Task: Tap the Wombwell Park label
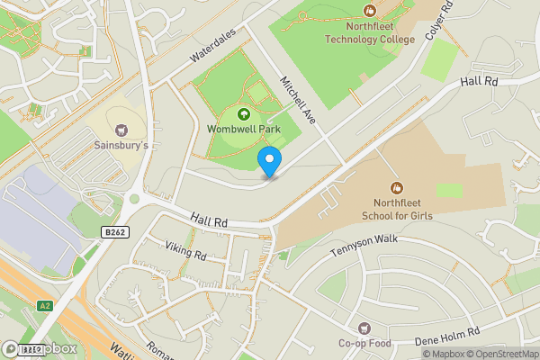[x=244, y=129]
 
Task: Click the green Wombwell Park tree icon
[x=243, y=113]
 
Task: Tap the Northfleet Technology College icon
[x=369, y=11]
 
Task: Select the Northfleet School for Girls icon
[x=393, y=188]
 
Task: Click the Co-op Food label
[x=364, y=343]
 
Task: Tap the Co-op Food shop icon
[x=364, y=328]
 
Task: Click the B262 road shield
[x=114, y=232]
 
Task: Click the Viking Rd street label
[x=186, y=251]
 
